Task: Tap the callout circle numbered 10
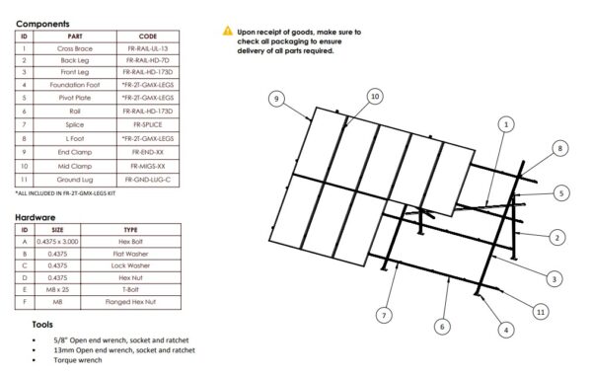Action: [374, 96]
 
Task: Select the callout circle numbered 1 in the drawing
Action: [505, 125]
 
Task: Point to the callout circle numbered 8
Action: [559, 148]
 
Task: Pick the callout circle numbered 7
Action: [386, 316]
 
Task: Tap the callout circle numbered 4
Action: [505, 330]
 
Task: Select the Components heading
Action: [42, 22]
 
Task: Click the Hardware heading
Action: [36, 216]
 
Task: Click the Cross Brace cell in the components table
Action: [75, 47]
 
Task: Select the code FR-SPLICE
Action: [146, 125]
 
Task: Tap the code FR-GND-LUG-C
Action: [146, 179]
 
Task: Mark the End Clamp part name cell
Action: [75, 152]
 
